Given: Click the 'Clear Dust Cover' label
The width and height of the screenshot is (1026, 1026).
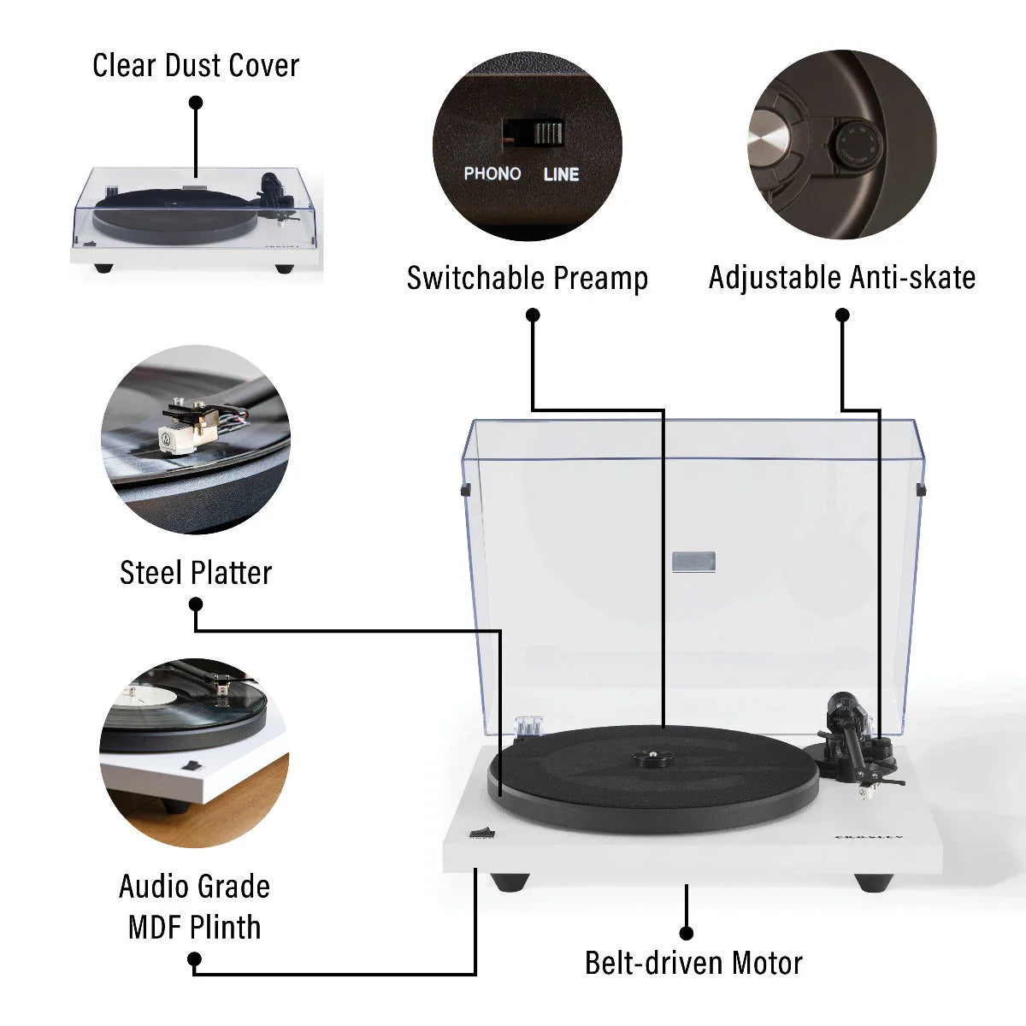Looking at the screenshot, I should tap(196, 66).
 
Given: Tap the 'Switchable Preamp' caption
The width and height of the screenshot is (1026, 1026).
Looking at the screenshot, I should tap(527, 278).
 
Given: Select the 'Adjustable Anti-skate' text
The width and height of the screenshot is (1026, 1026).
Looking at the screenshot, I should tap(841, 278).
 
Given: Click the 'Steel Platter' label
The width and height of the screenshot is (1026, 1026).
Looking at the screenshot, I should tap(196, 573).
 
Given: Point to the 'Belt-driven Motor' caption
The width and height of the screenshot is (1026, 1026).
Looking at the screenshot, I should tap(693, 963).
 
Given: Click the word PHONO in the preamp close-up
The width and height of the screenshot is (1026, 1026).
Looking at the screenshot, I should tap(492, 174).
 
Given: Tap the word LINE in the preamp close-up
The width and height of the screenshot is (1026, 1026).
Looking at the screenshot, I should tap(561, 174).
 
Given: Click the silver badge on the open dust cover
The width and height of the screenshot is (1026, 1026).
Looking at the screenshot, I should tap(693, 562).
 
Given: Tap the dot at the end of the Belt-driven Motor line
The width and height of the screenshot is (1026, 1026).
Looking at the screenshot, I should tap(686, 933).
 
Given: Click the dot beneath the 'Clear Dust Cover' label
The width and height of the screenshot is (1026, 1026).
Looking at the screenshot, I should tap(196, 103).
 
